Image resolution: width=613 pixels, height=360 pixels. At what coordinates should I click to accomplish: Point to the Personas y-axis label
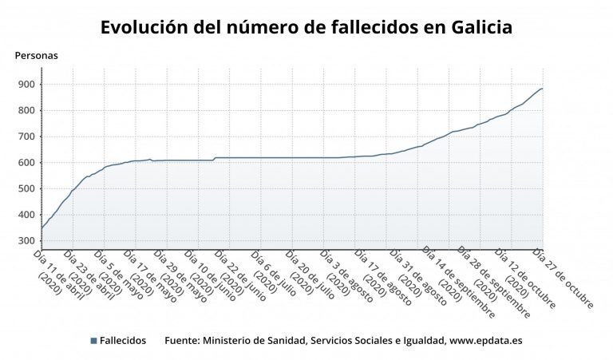[36, 56]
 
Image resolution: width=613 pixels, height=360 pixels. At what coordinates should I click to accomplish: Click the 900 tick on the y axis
[26, 85]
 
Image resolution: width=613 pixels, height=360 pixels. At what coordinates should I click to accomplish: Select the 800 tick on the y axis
[26, 111]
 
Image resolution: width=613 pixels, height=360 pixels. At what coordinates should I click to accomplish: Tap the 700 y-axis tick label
[26, 136]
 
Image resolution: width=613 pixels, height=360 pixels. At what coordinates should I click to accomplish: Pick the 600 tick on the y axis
[26, 163]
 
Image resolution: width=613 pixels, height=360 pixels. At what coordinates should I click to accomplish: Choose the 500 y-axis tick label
[26, 189]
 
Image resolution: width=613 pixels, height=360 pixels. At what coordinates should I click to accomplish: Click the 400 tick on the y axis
[26, 215]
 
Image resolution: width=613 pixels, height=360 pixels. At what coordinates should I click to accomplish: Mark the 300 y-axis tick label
[26, 241]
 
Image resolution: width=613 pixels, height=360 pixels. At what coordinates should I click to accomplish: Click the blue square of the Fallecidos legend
[93, 341]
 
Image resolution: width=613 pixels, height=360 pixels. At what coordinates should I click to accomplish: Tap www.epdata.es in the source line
[486, 341]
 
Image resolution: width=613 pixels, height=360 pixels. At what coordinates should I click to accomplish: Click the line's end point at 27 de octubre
[543, 89]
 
